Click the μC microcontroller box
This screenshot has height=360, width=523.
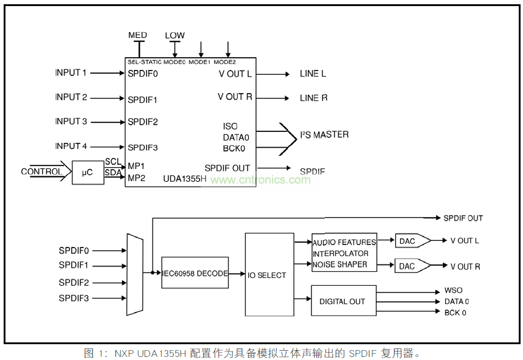[88, 172]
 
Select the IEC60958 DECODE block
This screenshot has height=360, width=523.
[195, 273]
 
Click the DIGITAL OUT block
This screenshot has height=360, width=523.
[343, 300]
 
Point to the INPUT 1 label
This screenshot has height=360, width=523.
[71, 73]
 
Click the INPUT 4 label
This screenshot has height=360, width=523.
[71, 146]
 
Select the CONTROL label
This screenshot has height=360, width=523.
[41, 171]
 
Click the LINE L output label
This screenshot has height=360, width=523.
[313, 74]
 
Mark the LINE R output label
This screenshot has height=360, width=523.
[313, 98]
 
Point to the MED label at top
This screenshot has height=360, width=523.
[137, 35]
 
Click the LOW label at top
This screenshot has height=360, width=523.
[175, 35]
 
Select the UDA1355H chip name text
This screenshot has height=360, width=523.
[185, 179]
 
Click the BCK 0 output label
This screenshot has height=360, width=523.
[455, 313]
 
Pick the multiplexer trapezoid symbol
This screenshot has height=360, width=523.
[134, 274]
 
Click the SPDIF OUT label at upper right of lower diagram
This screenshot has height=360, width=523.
[463, 218]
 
